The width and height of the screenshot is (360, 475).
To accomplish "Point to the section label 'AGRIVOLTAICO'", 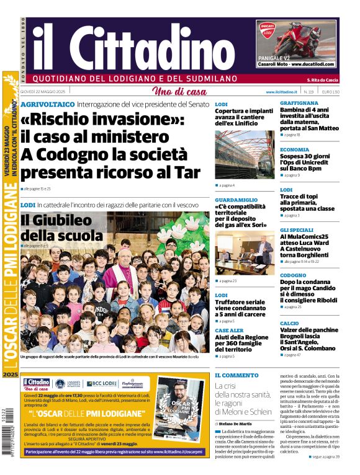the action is coord(48,104).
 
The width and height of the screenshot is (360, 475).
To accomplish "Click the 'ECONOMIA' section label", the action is coord(295,149).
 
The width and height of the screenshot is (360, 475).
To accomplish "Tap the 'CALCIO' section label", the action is coord(289,323).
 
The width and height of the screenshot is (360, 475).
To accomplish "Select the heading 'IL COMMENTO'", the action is coord(236,375).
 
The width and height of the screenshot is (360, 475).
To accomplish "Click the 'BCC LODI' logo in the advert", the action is coord(101,383).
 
